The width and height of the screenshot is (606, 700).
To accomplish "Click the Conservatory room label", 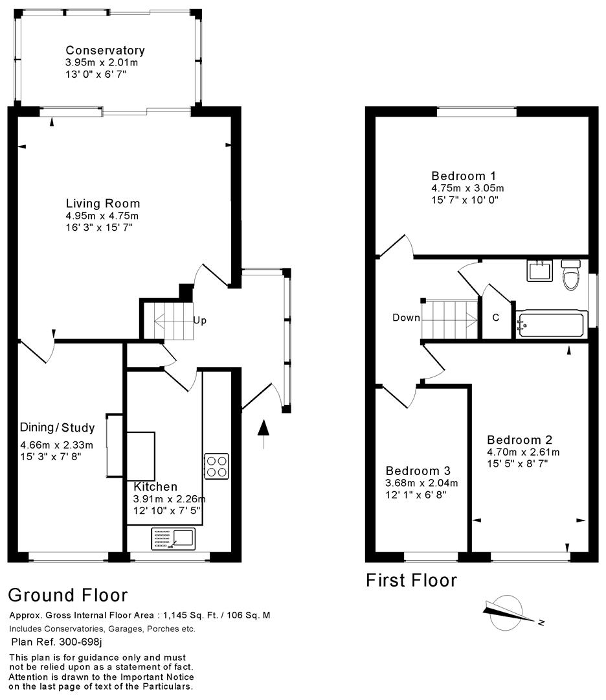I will point(105,51).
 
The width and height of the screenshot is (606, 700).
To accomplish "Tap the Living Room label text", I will point(102,204).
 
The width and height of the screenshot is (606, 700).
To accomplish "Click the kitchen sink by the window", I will point(173,538).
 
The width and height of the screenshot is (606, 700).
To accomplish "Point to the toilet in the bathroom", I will point(570,276).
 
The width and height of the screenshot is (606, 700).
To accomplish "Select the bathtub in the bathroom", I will point(552,322).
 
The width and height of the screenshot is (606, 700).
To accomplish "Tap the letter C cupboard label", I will point(496,318).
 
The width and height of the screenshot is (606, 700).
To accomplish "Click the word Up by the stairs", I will point(199,320).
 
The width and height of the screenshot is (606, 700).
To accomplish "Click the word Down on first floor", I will point(406,318).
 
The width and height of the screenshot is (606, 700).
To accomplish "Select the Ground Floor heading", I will point(67,594).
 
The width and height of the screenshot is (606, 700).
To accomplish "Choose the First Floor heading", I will point(411,579).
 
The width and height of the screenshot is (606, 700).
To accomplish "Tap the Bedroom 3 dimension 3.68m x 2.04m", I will point(421,483).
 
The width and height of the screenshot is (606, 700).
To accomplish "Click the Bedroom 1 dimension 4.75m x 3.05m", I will point(467,188).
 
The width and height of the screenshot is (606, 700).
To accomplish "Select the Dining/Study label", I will point(57,428).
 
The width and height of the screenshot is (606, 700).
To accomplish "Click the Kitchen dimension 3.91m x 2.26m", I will point(170,498).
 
